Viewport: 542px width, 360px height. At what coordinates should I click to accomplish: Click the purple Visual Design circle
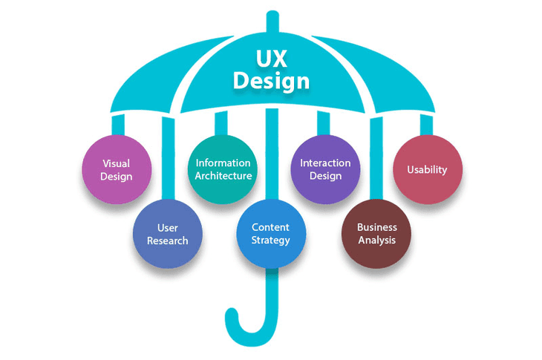117,169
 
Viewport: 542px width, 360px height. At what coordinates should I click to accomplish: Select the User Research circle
167,233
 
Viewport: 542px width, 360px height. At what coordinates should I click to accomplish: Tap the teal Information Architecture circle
223,169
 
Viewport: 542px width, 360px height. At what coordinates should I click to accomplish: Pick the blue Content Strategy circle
271,233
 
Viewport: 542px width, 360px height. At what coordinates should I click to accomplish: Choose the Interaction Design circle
325,169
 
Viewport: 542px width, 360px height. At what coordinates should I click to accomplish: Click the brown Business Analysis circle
376,233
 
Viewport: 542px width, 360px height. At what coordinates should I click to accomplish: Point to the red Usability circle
428,169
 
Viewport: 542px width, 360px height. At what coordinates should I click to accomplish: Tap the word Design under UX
271,80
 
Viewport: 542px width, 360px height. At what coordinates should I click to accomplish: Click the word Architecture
223,177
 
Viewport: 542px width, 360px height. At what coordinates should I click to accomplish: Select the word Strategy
271,240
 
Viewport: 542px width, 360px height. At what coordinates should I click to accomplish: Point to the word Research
167,240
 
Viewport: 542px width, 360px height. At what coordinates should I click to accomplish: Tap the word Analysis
376,240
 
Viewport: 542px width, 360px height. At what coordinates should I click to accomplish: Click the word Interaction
325,163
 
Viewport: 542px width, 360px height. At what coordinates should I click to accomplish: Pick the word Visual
117,163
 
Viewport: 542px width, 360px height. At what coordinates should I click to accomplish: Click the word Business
376,227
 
